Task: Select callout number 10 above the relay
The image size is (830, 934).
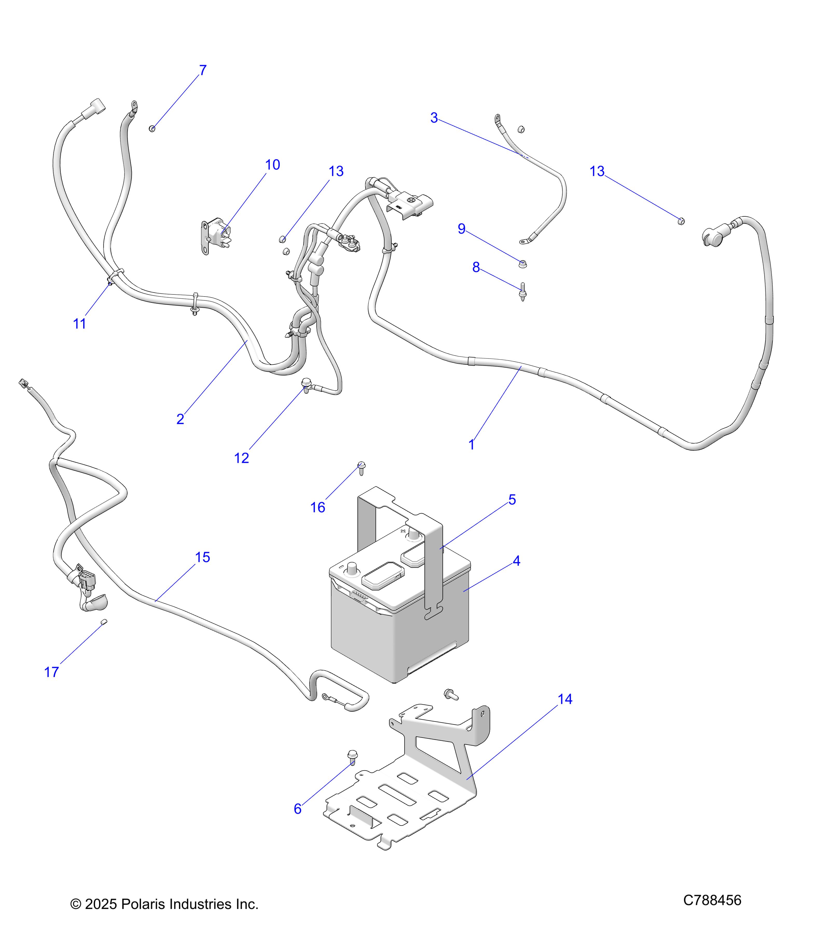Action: pyautogui.click(x=272, y=165)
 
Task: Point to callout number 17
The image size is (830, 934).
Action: pyautogui.click(x=51, y=672)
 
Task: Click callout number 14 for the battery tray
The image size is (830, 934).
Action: pyautogui.click(x=565, y=699)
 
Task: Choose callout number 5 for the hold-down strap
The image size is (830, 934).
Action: pyautogui.click(x=512, y=500)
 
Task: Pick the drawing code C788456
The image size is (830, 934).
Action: pyautogui.click(x=712, y=900)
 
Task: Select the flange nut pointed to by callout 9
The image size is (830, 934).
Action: pyautogui.click(x=523, y=264)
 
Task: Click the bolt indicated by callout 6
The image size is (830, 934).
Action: pyautogui.click(x=352, y=757)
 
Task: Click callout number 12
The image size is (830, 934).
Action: pyautogui.click(x=241, y=458)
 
